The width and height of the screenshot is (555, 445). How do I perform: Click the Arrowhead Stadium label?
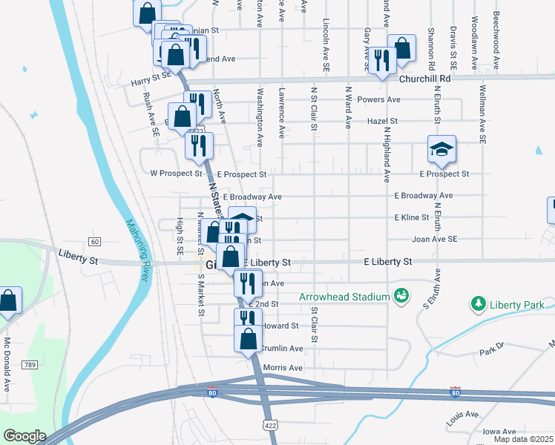(344, 297)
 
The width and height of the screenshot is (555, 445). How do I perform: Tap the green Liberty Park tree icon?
(479, 304)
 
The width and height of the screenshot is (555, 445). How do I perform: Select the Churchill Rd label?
(424, 78)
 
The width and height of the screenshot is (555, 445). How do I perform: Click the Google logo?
(24, 436)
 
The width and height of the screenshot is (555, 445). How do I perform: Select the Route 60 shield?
(94, 242)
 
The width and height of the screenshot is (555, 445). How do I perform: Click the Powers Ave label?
(378, 99)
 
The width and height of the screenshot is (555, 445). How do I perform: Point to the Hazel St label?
(383, 120)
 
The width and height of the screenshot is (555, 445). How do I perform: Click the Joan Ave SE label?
(434, 239)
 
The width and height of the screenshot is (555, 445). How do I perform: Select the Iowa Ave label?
(499, 432)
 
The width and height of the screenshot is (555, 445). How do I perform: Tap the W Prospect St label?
(176, 174)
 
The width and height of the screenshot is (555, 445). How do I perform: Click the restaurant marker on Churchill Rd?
(382, 61)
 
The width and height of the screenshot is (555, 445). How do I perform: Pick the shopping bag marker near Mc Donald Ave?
(7, 301)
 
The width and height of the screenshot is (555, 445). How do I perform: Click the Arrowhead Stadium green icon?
(401, 296)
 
